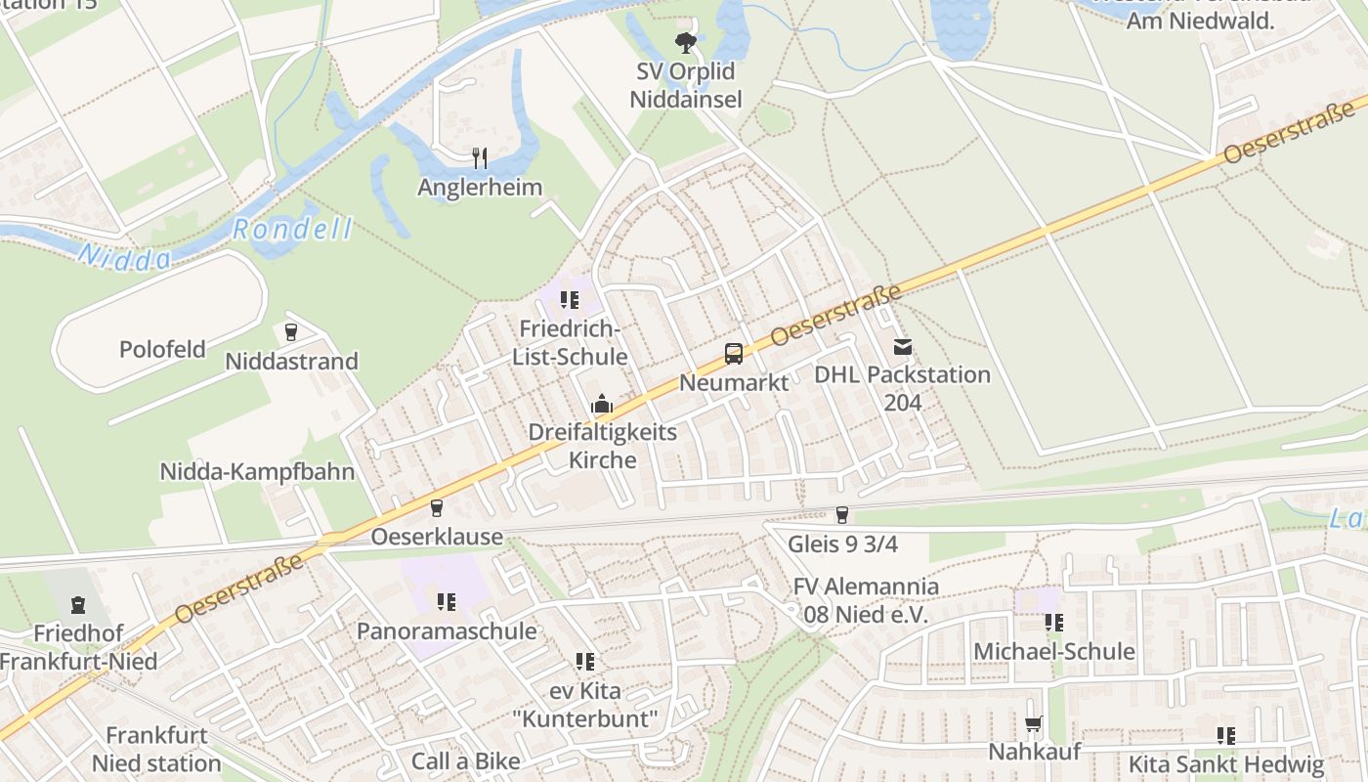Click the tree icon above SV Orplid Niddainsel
pyautogui.click(x=686, y=42)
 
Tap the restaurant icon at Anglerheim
pyautogui.click(x=479, y=157)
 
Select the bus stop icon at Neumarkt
pyautogui.click(x=733, y=354)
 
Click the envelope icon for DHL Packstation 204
pyautogui.click(x=901, y=346)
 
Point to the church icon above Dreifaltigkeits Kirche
pyautogui.click(x=601, y=404)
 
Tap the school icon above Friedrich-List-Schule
pyautogui.click(x=569, y=300)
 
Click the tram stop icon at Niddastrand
pyautogui.click(x=290, y=332)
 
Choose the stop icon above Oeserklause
pyautogui.click(x=436, y=508)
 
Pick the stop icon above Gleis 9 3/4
pyautogui.click(x=841, y=515)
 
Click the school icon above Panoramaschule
pyautogui.click(x=446, y=602)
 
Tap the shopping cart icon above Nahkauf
pyautogui.click(x=1033, y=724)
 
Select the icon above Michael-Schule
pyautogui.click(x=1053, y=623)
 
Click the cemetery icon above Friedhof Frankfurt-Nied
pyautogui.click(x=77, y=605)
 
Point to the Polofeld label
pyautogui.click(x=162, y=349)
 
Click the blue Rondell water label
pyautogui.click(x=292, y=230)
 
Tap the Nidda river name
pyautogui.click(x=124, y=257)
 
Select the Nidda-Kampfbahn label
pyautogui.click(x=257, y=472)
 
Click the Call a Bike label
pyautogui.click(x=465, y=760)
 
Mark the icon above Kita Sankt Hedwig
pyautogui.click(x=1225, y=736)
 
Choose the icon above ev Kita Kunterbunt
pyautogui.click(x=584, y=662)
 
